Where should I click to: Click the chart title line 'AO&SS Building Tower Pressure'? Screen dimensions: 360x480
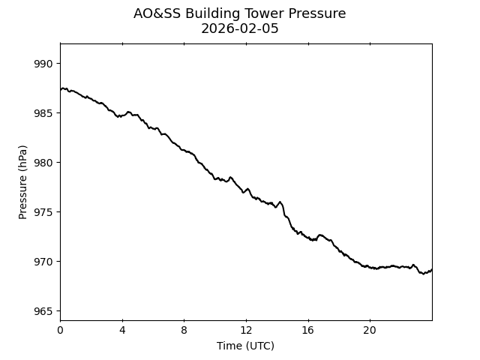(240, 13)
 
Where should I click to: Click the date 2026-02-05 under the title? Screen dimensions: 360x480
(240, 28)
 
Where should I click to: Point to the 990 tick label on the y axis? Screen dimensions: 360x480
(43, 64)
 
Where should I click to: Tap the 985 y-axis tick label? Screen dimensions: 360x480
(43, 113)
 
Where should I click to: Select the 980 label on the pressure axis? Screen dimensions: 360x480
(43, 163)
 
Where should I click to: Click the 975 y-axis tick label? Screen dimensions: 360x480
(43, 212)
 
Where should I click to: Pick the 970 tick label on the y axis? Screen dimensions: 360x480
(43, 262)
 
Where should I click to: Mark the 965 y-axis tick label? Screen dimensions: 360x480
(43, 311)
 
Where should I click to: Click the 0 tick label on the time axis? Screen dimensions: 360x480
(60, 330)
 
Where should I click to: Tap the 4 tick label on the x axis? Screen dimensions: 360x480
(122, 330)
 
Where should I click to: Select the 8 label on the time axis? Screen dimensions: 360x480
(184, 330)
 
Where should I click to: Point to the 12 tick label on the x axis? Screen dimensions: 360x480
(246, 330)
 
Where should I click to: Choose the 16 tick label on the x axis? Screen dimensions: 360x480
(307, 330)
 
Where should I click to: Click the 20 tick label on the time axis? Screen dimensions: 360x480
(370, 330)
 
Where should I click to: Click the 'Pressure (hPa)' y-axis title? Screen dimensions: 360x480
(23, 182)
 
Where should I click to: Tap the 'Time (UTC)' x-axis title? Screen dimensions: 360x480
(245, 346)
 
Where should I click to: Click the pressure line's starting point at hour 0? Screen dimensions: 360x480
(61, 89)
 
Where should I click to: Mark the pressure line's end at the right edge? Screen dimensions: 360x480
(431, 269)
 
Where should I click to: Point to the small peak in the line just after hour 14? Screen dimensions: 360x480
(280, 202)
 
